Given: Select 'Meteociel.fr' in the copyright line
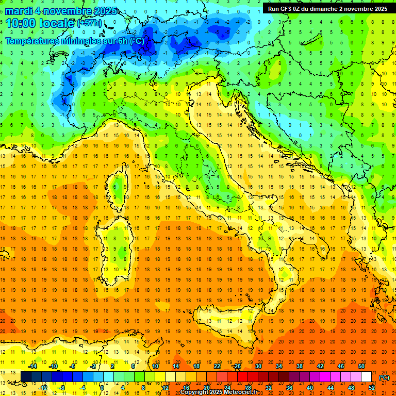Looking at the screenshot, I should tap(243, 392).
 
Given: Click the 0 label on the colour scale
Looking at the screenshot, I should tap(102, 387).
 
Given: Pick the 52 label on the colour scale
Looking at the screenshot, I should tap(371, 387).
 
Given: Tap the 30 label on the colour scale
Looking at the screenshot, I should tap(258, 367).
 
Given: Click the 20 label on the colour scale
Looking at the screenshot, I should tap(206, 387).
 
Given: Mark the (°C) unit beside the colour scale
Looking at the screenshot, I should tap(384, 377).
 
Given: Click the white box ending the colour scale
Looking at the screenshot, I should tap(366, 377).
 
